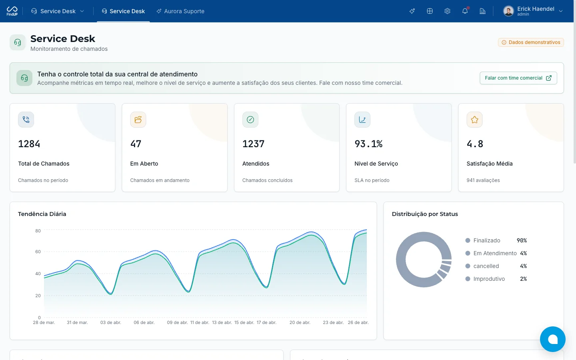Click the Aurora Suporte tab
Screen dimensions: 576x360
(x=180, y=11)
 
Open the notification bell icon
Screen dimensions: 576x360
(x=465, y=11)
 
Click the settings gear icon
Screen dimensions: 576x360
(x=447, y=11)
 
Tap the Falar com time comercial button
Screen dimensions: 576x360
(x=518, y=78)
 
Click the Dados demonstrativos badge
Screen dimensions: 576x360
(x=531, y=42)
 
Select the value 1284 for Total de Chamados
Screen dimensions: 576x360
(x=29, y=144)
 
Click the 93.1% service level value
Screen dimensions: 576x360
(x=368, y=144)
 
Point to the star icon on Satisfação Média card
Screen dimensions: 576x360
(x=474, y=120)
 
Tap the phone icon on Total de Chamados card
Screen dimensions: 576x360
(x=26, y=120)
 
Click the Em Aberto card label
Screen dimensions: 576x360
(x=144, y=164)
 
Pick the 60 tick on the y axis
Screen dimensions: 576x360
(x=38, y=252)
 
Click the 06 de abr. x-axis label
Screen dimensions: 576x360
(x=144, y=322)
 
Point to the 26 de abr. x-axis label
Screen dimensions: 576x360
(x=358, y=322)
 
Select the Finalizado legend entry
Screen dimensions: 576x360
(x=483, y=240)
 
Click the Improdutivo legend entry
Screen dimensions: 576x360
(x=485, y=279)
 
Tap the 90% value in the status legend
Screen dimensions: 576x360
(x=522, y=240)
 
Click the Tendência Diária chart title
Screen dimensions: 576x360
(x=42, y=214)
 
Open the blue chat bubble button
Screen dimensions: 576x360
(x=553, y=339)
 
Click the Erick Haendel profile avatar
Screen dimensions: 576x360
(x=508, y=11)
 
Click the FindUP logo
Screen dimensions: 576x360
(x=12, y=11)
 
